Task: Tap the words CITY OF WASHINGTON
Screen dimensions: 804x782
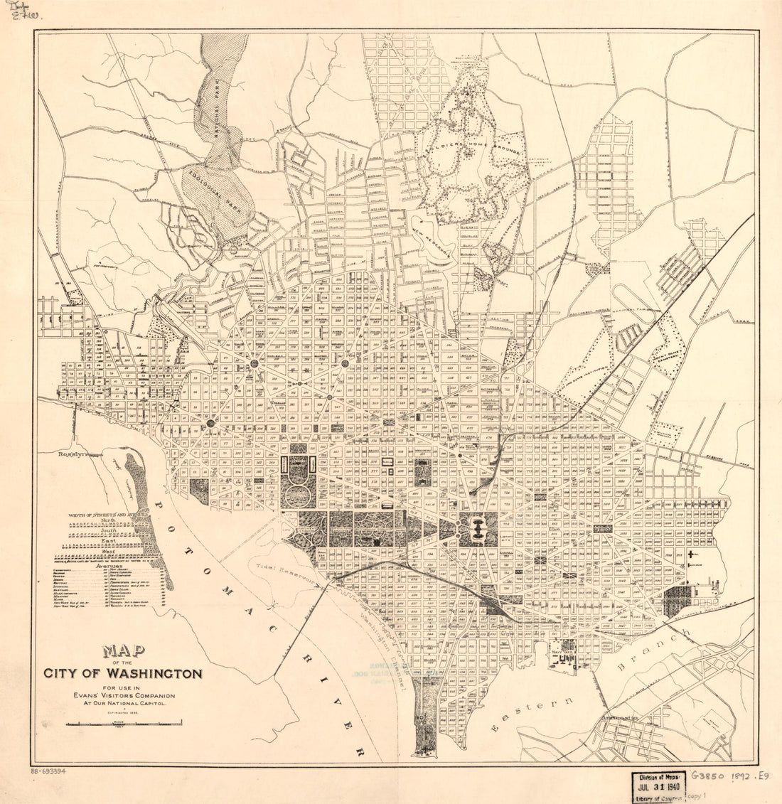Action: [x=123, y=673]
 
